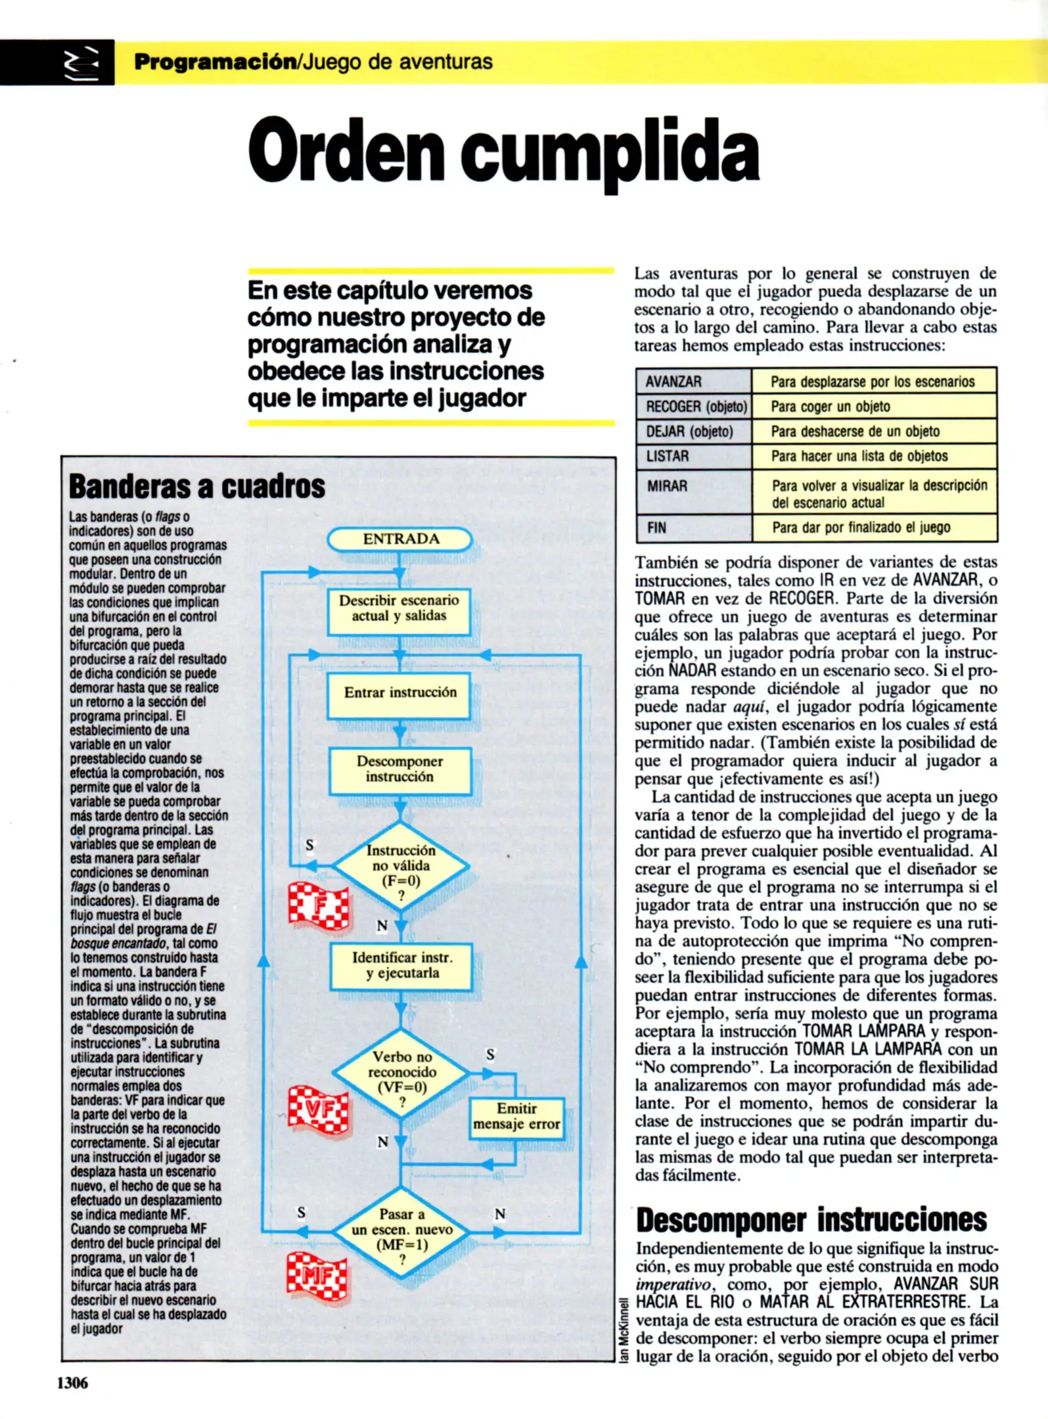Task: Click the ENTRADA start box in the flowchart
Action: [400, 539]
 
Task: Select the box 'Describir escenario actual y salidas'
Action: [399, 608]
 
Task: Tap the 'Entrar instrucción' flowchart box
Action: [399, 693]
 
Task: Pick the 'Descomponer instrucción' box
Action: [399, 769]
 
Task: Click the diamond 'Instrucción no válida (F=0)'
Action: [400, 867]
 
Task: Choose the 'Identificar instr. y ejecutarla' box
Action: [401, 966]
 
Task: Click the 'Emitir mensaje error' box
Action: [516, 1117]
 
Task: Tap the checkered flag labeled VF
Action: [318, 1109]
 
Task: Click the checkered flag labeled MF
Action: [317, 1276]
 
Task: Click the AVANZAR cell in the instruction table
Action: [693, 382]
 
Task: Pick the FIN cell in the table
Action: [693, 528]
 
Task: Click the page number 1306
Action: [72, 1383]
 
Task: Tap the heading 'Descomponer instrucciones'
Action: [811, 1221]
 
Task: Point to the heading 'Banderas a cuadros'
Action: [197, 487]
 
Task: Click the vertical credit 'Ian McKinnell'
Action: [625, 1330]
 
